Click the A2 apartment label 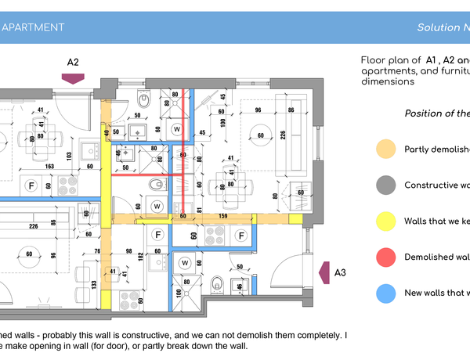click(x=73, y=61)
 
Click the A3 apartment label click(x=340, y=272)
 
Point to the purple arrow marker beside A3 click(x=324, y=272)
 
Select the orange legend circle click(x=385, y=149)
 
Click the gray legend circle click(x=385, y=185)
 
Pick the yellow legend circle click(x=385, y=221)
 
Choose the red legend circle click(x=385, y=257)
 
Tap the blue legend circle click(x=385, y=293)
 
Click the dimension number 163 click(x=49, y=167)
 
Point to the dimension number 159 click(x=222, y=216)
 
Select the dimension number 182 click(x=141, y=256)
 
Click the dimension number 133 click(x=94, y=284)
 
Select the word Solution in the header click(x=438, y=27)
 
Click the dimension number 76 click(x=97, y=250)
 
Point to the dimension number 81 click(x=201, y=209)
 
